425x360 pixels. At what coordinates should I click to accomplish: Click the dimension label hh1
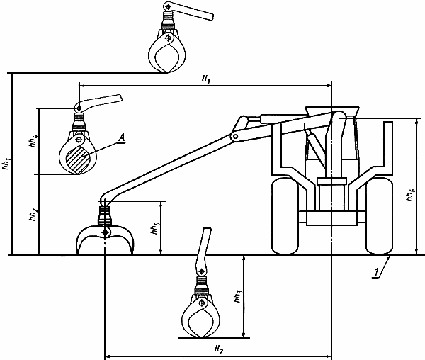pyautogui.click(x=6, y=163)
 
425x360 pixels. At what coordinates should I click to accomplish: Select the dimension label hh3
pyautogui.click(x=239, y=296)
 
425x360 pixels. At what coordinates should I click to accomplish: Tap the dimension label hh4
pyautogui.click(x=33, y=140)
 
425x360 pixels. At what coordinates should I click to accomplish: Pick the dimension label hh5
pyautogui.click(x=156, y=227)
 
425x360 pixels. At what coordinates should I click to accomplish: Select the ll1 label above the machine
pyautogui.click(x=206, y=79)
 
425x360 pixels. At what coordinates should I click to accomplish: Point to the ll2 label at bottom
pyautogui.click(x=218, y=349)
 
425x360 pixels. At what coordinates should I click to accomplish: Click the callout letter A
pyautogui.click(x=122, y=137)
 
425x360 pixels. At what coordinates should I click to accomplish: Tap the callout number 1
pyautogui.click(x=376, y=272)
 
